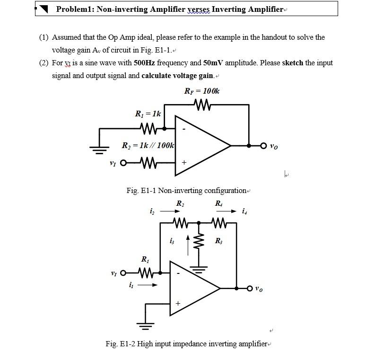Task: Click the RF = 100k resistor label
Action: pyautogui.click(x=201, y=91)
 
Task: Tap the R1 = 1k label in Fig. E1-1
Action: pyautogui.click(x=148, y=114)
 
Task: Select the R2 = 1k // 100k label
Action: pyautogui.click(x=148, y=145)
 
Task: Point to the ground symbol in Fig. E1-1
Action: pyautogui.click(x=99, y=150)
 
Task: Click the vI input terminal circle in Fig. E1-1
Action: pyautogui.click(x=124, y=163)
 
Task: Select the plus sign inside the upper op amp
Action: pyautogui.click(x=184, y=163)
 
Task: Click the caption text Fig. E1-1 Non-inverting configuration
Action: pyautogui.click(x=187, y=190)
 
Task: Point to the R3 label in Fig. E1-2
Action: pyautogui.click(x=218, y=241)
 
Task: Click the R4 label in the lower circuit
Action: pyautogui.click(x=218, y=203)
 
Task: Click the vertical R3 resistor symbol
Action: pyautogui.click(x=199, y=243)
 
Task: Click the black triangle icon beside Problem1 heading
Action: pyautogui.click(x=44, y=9)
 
